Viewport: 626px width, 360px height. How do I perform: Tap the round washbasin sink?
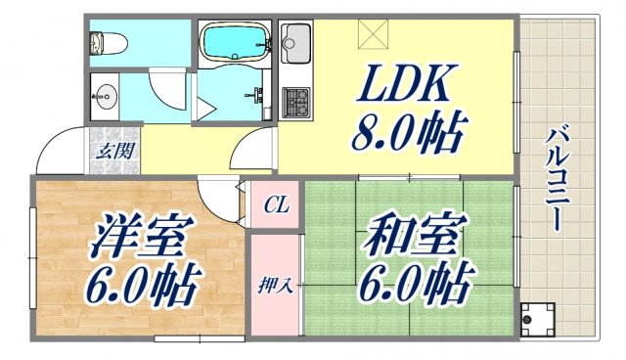tap(105, 97)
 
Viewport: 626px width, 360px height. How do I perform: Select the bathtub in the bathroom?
tap(235, 43)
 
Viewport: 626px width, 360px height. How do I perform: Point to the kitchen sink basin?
tap(293, 41)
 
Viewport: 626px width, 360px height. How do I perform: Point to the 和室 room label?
tap(400, 238)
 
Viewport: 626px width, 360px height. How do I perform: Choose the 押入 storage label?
tap(271, 287)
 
